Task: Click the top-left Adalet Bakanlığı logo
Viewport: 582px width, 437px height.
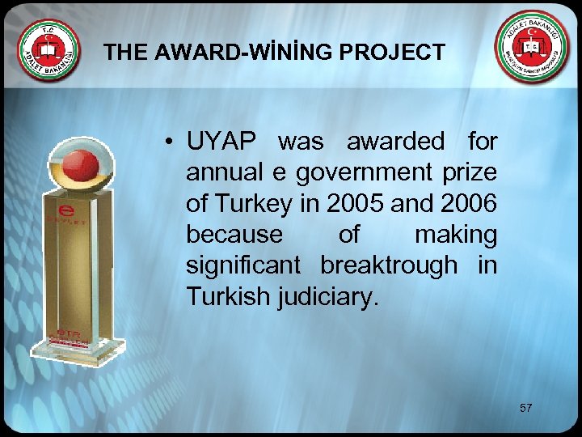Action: pyautogui.click(x=50, y=50)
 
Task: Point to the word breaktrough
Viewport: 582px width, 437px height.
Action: pyautogui.click(x=388, y=266)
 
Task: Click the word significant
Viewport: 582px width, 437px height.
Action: pyautogui.click(x=243, y=266)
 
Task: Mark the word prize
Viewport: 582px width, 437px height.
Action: pyautogui.click(x=470, y=173)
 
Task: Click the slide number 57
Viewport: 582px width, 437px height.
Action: pyautogui.click(x=526, y=408)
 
